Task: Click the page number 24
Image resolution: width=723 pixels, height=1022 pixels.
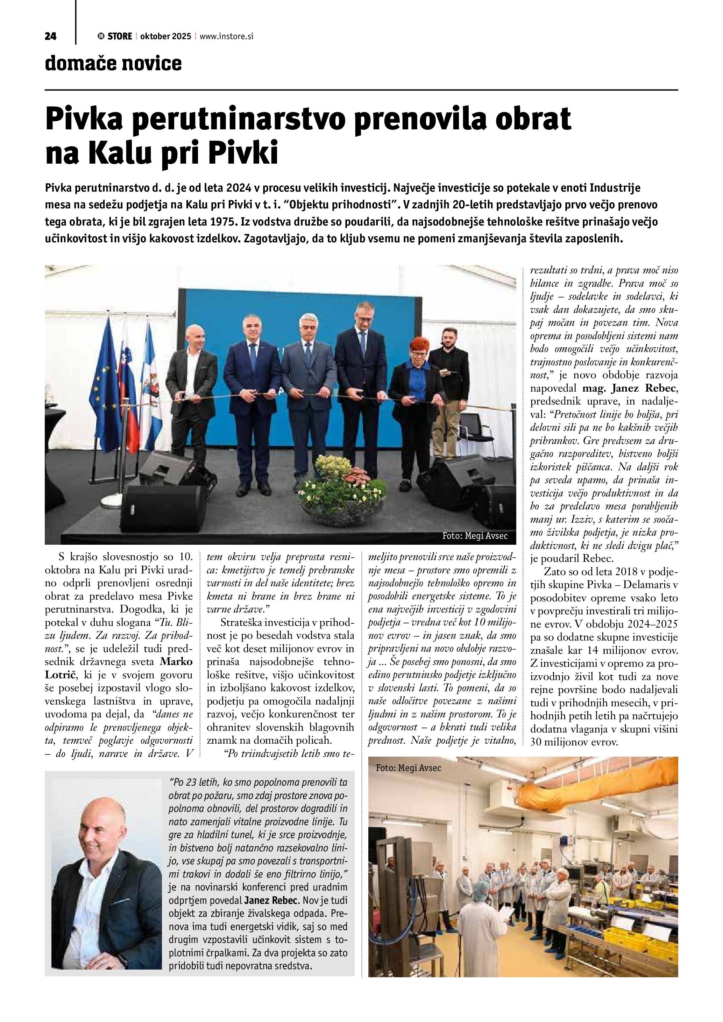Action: click(50, 36)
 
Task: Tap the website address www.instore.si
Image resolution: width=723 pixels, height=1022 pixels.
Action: click(227, 36)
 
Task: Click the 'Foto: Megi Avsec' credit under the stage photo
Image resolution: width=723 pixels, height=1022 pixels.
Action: click(475, 536)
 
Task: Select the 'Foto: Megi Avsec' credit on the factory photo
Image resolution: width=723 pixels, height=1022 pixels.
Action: click(408, 768)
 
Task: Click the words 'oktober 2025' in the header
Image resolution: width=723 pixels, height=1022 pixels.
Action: click(165, 36)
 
